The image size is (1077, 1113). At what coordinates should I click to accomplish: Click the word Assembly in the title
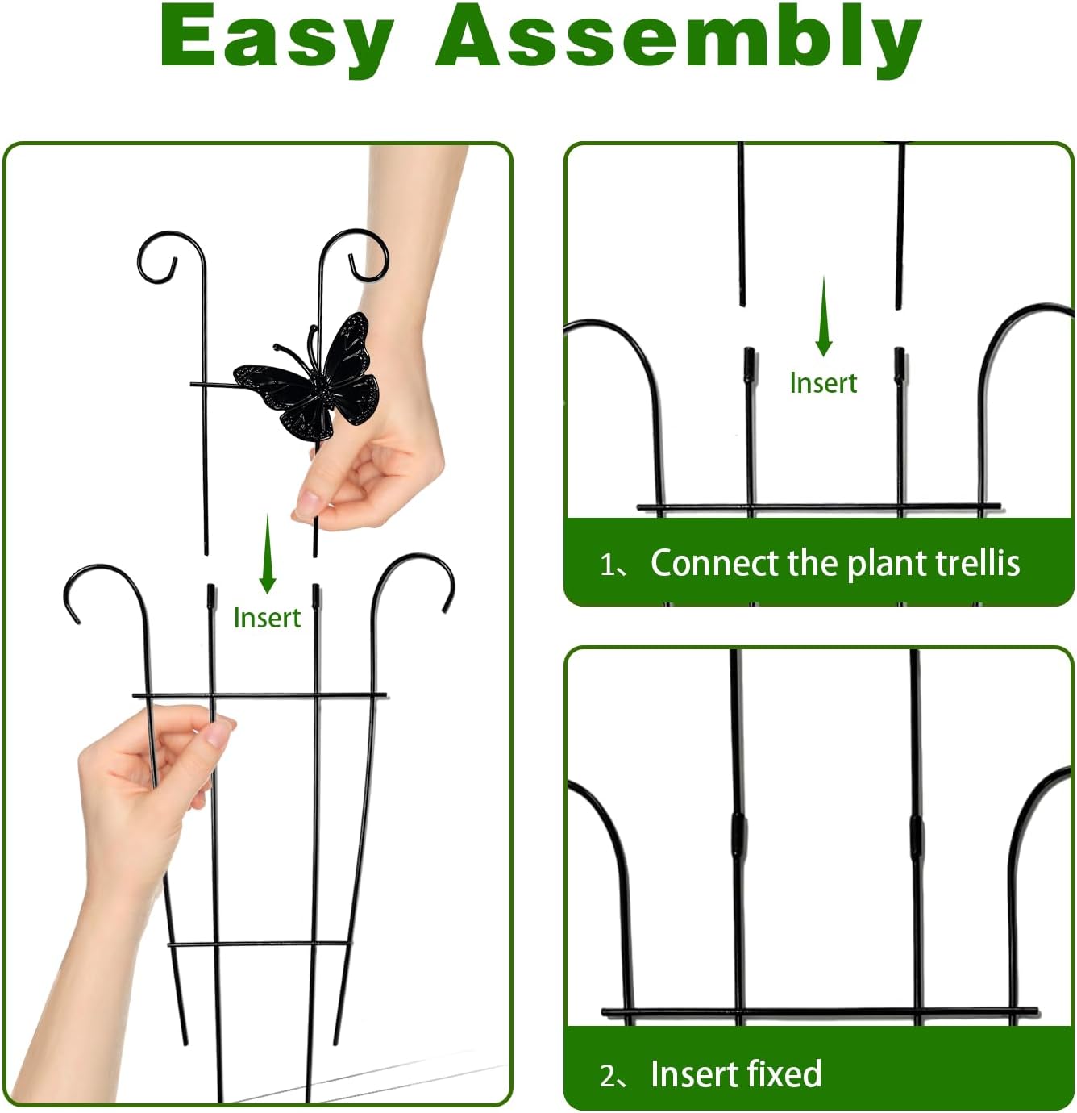click(x=678, y=39)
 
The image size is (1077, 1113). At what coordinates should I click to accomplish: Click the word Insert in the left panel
click(x=267, y=618)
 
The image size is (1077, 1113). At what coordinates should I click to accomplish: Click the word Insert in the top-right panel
click(x=823, y=383)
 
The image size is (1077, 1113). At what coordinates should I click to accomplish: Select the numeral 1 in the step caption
click(x=607, y=565)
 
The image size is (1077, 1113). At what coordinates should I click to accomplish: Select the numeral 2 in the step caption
click(x=608, y=1076)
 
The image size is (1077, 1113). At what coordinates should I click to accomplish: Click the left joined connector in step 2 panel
click(x=738, y=835)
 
